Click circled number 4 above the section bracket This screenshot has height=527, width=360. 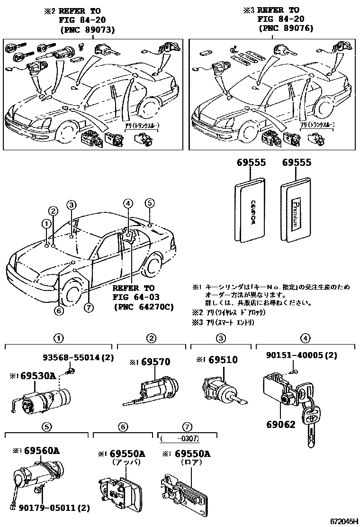(x=306, y=338)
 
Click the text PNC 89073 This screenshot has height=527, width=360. (x=88, y=29)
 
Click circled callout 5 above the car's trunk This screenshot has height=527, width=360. (x=149, y=204)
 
